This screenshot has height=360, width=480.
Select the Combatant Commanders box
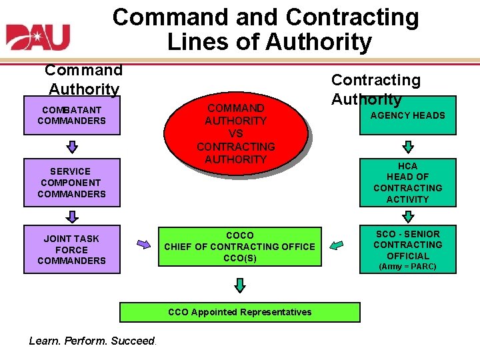point(71,115)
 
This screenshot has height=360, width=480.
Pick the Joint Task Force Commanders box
point(71,249)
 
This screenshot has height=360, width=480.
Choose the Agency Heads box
point(407,115)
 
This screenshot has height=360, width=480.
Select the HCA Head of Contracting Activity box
point(407,183)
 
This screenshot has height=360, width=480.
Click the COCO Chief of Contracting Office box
point(239,247)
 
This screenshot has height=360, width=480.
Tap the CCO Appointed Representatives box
point(239,312)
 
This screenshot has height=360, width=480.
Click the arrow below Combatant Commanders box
point(72,146)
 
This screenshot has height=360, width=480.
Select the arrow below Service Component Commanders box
point(72,216)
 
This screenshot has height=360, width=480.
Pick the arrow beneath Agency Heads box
point(408,146)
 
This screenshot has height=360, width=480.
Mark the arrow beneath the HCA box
point(408,216)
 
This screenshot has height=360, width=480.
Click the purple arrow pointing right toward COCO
point(143,244)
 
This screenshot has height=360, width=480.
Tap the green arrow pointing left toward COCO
point(337,245)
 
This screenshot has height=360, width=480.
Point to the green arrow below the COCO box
point(240,285)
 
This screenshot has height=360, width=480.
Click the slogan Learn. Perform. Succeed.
point(92,341)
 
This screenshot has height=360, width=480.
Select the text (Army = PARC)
point(407,267)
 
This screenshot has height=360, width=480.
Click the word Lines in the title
point(198,41)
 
